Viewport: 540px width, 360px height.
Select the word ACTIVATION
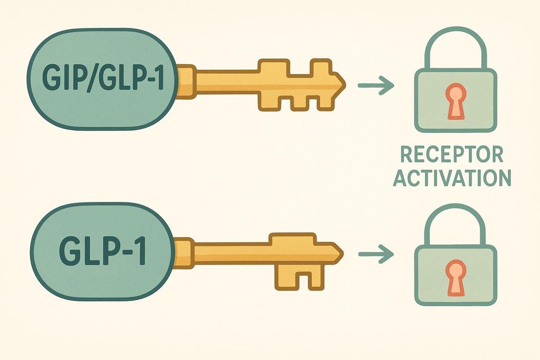[x=453, y=178]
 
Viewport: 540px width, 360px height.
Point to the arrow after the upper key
[x=375, y=85]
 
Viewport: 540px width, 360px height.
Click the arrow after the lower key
[x=375, y=255]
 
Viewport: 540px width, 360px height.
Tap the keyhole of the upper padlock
[x=455, y=100]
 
